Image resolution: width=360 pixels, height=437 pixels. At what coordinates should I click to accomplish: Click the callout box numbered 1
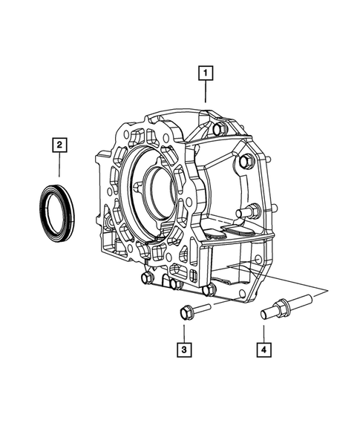pyautogui.click(x=206, y=73)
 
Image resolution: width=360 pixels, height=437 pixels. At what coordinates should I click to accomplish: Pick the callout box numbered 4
pyautogui.click(x=264, y=347)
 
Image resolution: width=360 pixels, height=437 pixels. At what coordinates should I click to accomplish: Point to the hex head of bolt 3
pyautogui.click(x=185, y=312)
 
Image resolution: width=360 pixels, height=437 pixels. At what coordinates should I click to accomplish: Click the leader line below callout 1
pyautogui.click(x=206, y=93)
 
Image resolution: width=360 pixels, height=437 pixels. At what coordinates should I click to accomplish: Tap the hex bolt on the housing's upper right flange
pyautogui.click(x=246, y=162)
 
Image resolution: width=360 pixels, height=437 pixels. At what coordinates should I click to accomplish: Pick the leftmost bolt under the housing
pyautogui.click(x=147, y=278)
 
